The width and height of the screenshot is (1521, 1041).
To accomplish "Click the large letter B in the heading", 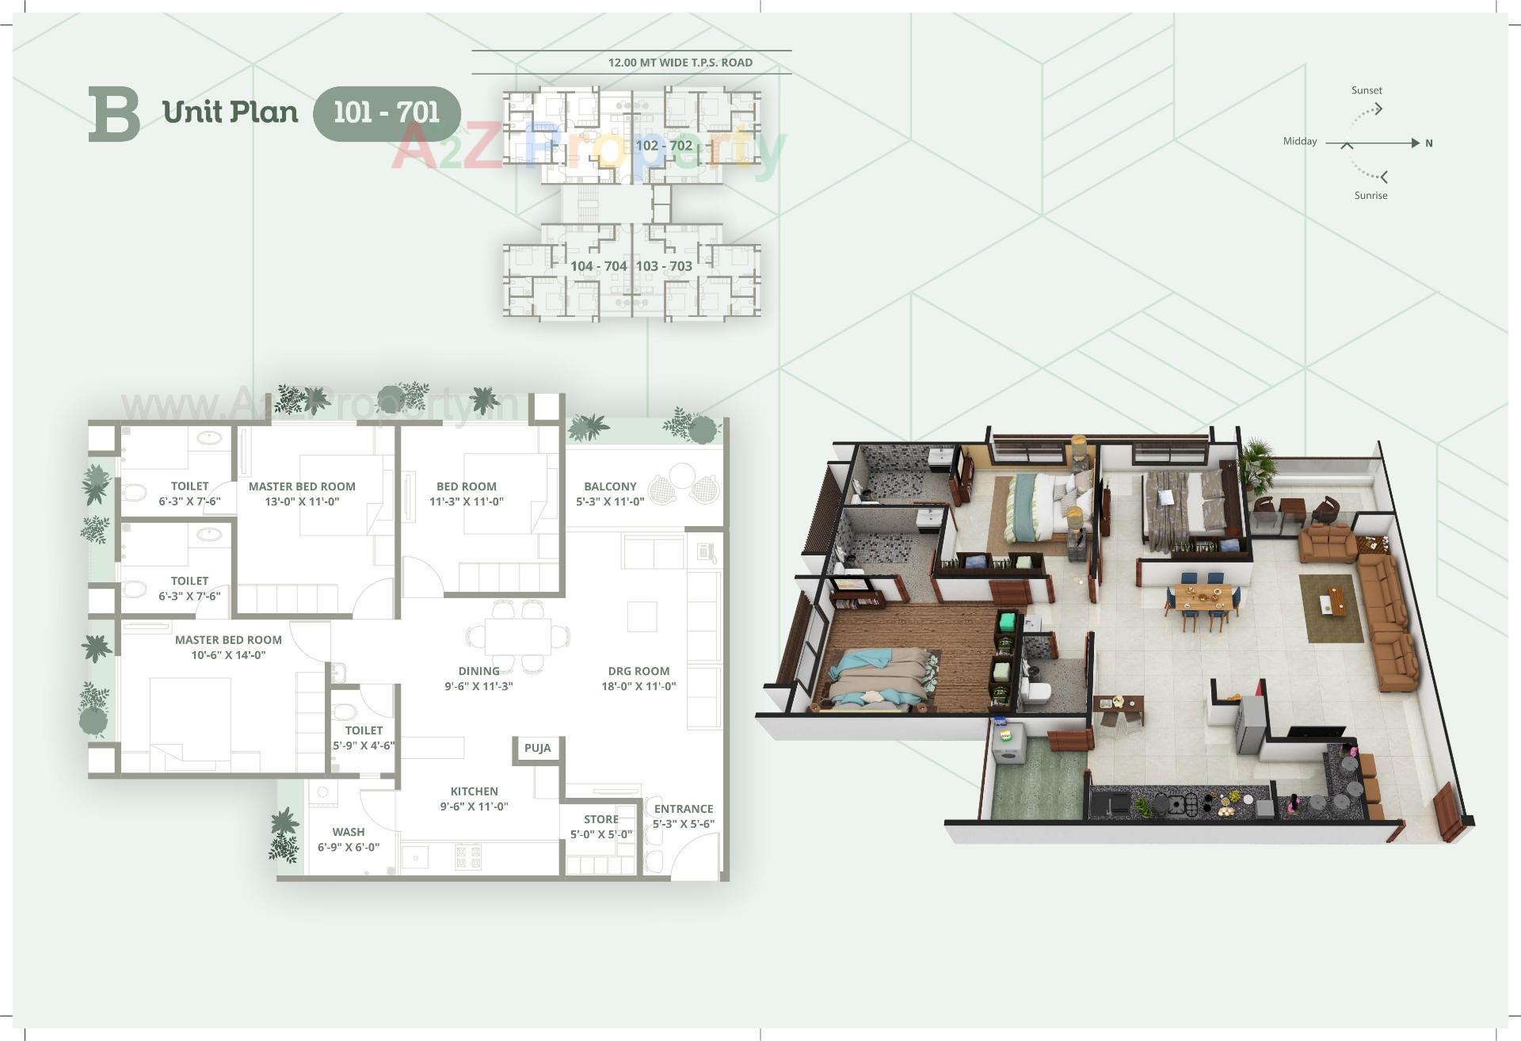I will [114, 114].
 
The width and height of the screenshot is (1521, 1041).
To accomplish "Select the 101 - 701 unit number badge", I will [387, 112].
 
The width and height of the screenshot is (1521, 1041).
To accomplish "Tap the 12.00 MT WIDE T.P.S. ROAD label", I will [680, 63].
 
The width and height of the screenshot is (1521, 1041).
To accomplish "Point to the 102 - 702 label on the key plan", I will [663, 146].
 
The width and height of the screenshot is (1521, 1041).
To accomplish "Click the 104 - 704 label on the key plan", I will [598, 266].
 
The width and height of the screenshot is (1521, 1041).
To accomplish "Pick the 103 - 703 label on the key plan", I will [664, 266].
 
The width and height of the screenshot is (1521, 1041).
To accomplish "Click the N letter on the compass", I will [1429, 143].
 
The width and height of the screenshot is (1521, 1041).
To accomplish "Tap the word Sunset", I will [1367, 90].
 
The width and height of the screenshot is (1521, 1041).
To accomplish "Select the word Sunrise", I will [1370, 196].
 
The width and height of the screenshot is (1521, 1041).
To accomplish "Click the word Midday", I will [1300, 142].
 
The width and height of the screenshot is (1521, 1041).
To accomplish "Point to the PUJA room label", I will [537, 748].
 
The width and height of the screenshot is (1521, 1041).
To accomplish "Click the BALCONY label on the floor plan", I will [610, 486].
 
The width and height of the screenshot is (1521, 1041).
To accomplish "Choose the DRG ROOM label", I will [639, 671].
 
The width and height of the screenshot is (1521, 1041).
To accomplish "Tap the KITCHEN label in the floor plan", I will [474, 791].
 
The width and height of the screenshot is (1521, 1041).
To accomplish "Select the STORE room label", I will [600, 819].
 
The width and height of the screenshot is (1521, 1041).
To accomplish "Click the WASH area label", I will [349, 832].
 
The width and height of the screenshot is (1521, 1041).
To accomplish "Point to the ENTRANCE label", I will [683, 809].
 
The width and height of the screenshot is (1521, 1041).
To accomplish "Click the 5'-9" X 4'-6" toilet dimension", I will [364, 745].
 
